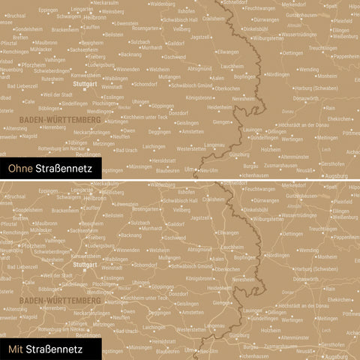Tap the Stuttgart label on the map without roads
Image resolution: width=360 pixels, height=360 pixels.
tap(85, 84)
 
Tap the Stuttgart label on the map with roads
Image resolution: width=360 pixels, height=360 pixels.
tap(85, 264)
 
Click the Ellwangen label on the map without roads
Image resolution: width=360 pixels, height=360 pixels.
tap(227, 52)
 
